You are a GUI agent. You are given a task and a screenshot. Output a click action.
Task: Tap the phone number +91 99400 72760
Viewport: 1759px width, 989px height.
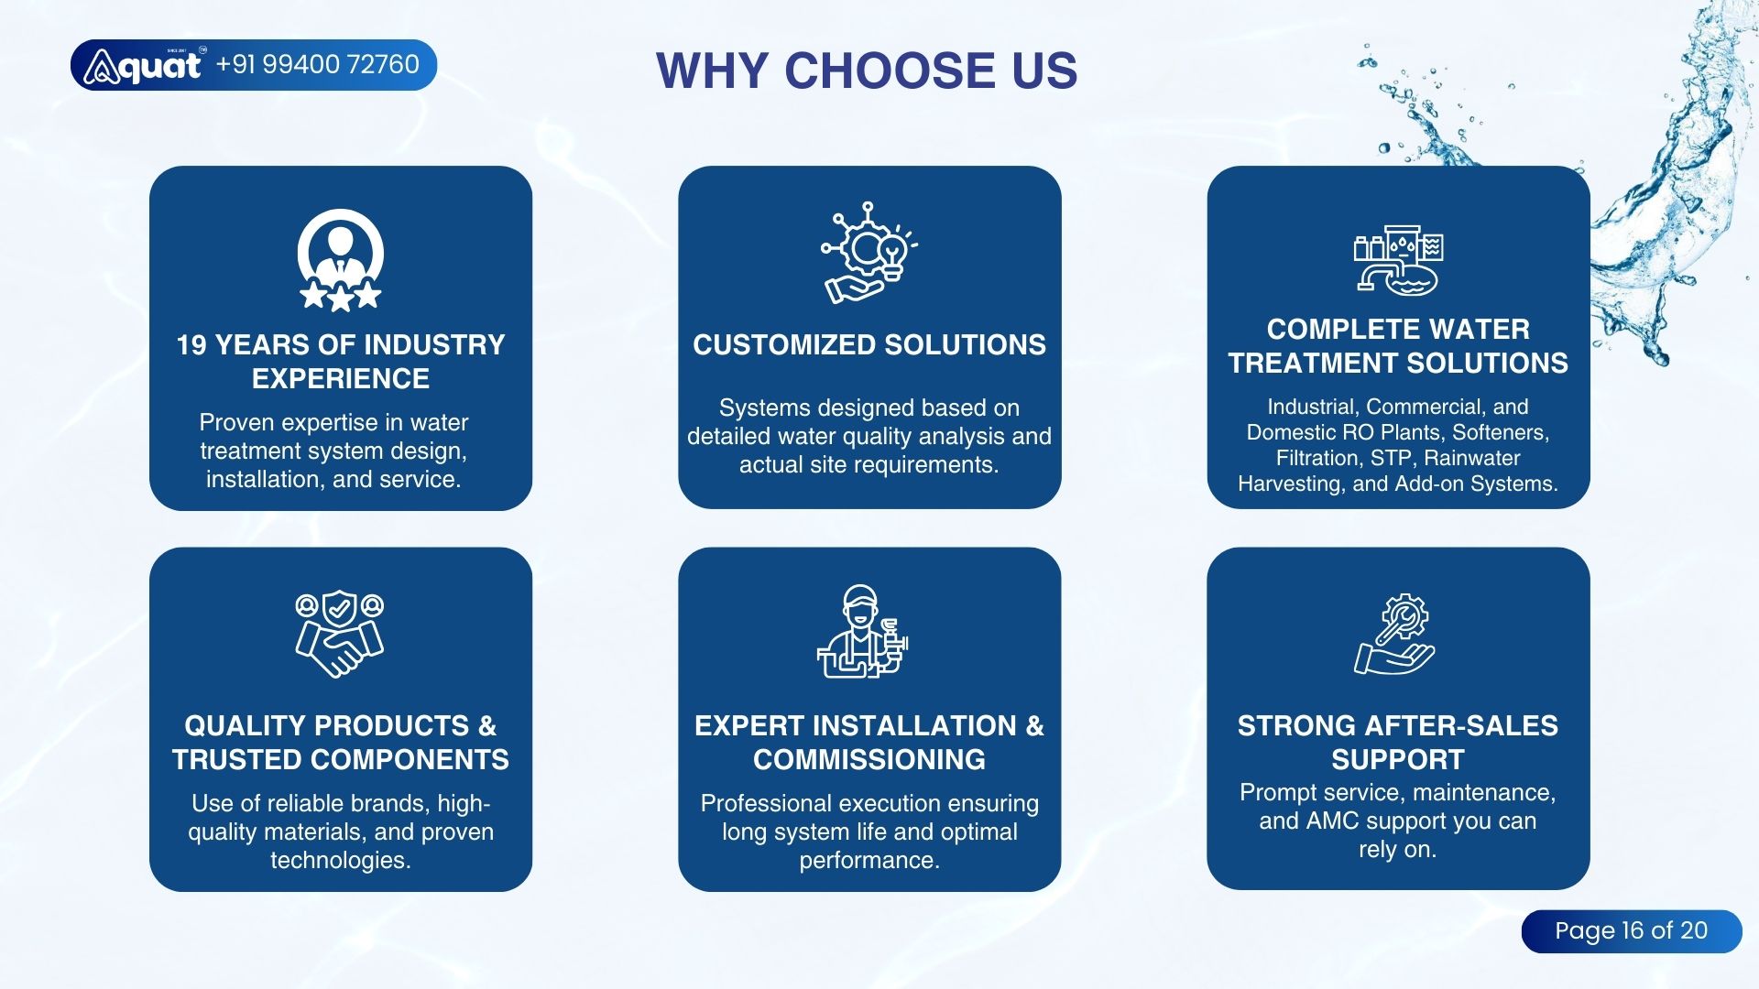point(318,64)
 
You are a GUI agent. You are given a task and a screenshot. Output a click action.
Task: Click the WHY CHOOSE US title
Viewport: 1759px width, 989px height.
point(867,71)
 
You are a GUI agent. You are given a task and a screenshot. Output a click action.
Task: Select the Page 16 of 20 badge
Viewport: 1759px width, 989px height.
point(1632,931)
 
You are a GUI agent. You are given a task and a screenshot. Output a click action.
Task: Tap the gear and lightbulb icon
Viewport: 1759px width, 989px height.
point(869,253)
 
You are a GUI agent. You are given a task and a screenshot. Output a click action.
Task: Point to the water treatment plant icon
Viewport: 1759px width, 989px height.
point(1398,260)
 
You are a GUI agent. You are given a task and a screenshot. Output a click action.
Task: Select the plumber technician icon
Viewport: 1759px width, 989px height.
point(862,632)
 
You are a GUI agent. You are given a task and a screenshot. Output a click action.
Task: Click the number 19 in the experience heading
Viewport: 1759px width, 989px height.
point(191,345)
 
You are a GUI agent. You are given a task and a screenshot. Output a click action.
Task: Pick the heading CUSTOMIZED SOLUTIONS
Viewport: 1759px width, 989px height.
point(869,345)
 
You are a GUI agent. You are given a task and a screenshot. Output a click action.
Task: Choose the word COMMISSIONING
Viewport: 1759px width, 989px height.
point(869,760)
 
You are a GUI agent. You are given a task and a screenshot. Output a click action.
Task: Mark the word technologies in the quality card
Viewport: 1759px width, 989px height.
point(340,861)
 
